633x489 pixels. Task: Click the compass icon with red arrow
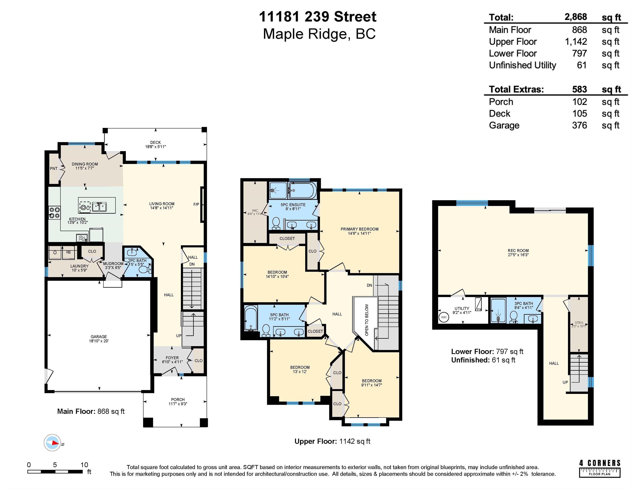(52, 443)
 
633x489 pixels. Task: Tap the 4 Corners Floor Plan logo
(600, 468)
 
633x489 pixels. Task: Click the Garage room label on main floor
(99, 337)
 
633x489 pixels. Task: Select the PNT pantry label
(54, 169)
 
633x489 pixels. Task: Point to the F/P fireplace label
(196, 205)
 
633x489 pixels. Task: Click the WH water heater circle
(444, 317)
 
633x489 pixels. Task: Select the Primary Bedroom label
(359, 229)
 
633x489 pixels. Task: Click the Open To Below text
(367, 320)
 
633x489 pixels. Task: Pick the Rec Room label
(518, 251)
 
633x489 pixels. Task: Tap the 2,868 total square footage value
(576, 17)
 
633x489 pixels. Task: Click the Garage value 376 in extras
(579, 125)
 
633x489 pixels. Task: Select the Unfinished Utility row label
(523, 65)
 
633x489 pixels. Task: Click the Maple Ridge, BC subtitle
(319, 34)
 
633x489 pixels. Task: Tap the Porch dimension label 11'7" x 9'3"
(178, 404)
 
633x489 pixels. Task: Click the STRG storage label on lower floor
(579, 323)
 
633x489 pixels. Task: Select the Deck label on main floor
(155, 143)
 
